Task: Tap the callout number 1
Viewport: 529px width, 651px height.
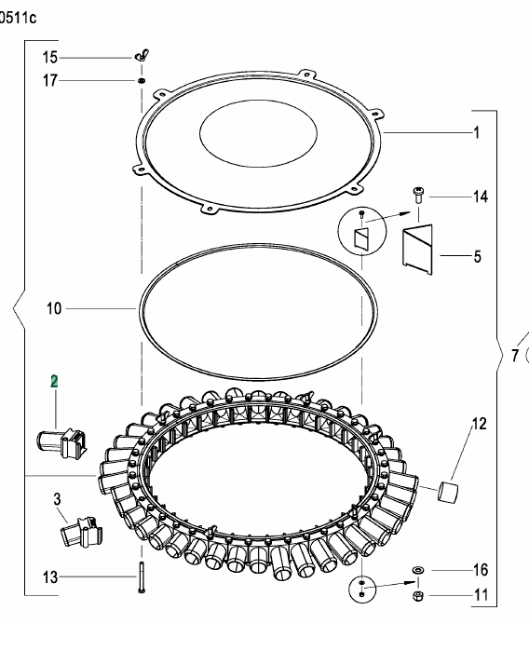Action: (x=476, y=133)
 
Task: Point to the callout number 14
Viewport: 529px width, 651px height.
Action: (x=481, y=197)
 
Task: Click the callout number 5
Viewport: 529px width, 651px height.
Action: (x=477, y=254)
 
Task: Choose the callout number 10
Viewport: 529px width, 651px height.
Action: (x=54, y=308)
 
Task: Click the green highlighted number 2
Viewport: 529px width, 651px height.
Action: (x=54, y=381)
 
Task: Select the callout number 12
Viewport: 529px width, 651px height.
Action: (x=479, y=425)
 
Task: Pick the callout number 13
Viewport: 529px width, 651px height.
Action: (x=50, y=577)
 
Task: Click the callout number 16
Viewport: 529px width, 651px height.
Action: (x=481, y=569)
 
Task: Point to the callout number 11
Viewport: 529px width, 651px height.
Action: (x=481, y=595)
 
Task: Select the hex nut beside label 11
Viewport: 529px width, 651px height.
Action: (x=418, y=596)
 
